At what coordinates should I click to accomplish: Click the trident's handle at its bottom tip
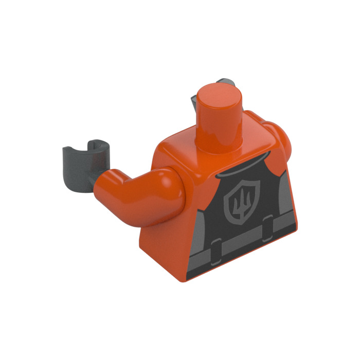pos(238,216)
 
